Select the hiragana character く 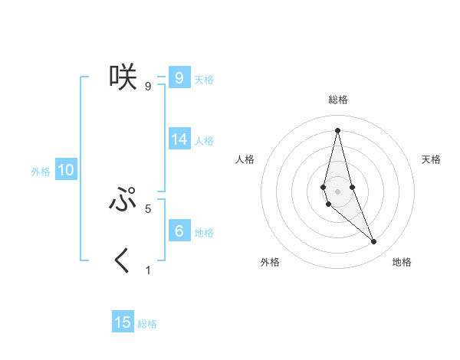point(123,260)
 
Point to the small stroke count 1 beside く point(148,270)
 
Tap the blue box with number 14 point(179,140)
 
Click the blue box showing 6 point(179,232)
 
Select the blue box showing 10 point(66,171)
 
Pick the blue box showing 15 point(123,322)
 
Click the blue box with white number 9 point(179,78)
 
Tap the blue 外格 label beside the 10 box point(41,172)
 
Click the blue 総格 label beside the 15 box point(147,324)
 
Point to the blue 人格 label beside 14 point(204,141)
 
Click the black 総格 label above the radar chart point(337,100)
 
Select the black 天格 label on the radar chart point(431,159)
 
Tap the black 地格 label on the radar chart point(402,262)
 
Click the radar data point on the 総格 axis point(337,129)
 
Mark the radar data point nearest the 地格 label point(374,241)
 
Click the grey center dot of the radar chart point(337,191)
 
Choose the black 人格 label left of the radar point(245,159)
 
